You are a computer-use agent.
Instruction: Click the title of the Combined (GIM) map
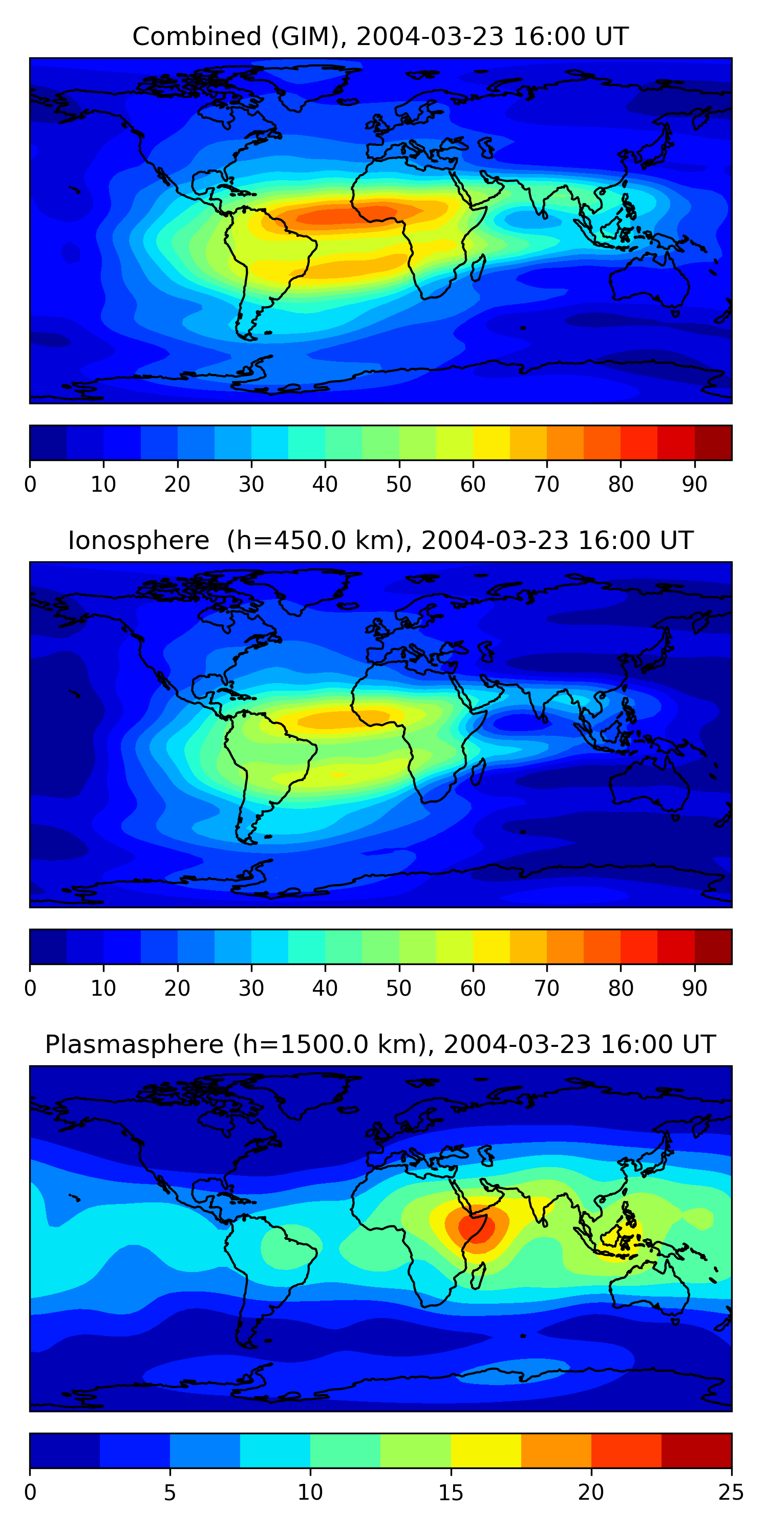(x=380, y=36)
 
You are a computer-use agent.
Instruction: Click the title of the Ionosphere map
(x=380, y=540)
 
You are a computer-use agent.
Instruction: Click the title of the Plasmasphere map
(x=380, y=1045)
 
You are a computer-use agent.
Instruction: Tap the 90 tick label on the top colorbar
(x=695, y=485)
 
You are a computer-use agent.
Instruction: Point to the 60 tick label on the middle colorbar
(x=473, y=989)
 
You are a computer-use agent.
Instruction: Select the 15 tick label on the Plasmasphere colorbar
(x=451, y=1493)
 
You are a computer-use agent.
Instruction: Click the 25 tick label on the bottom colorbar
(x=731, y=1493)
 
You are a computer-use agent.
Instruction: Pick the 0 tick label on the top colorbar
(x=30, y=485)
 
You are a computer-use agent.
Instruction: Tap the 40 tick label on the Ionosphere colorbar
(x=325, y=989)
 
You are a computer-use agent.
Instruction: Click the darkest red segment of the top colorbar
(x=713, y=443)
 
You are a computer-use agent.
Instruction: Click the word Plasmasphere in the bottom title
(x=134, y=1045)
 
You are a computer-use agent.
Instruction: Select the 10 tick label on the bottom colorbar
(x=310, y=1493)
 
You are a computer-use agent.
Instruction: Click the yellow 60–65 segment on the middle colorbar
(x=492, y=947)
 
